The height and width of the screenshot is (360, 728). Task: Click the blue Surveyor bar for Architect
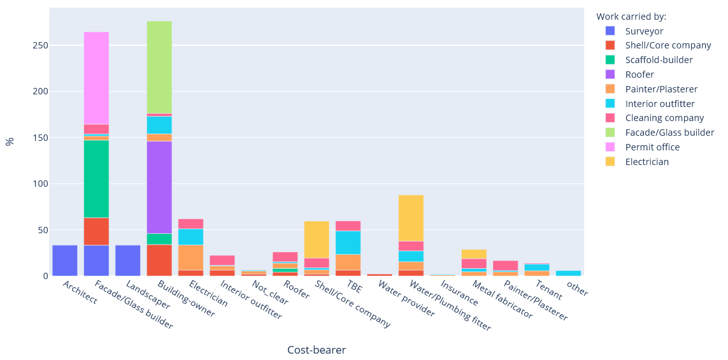(65, 261)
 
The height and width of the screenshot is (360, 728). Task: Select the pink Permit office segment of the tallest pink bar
(96, 78)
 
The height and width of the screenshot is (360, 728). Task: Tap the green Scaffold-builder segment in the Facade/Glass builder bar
(96, 179)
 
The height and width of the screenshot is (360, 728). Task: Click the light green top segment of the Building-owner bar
(159, 67)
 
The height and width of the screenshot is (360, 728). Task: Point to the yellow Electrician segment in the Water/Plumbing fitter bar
(411, 218)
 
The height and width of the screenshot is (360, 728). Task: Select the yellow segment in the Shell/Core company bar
(317, 240)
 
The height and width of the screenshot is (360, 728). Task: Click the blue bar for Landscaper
(128, 261)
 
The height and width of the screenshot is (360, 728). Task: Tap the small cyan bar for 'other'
(568, 273)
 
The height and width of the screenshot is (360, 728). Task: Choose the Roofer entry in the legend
(639, 75)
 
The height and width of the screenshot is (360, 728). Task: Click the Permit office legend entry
(652, 147)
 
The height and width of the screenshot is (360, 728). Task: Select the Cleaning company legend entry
(664, 118)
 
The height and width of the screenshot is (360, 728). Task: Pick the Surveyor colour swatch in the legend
(610, 31)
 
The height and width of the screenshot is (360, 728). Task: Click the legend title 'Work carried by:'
(631, 17)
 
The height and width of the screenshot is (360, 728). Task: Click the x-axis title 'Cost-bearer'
(317, 350)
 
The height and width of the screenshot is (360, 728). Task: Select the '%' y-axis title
(10, 141)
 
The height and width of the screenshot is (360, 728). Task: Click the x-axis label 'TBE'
(354, 289)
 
